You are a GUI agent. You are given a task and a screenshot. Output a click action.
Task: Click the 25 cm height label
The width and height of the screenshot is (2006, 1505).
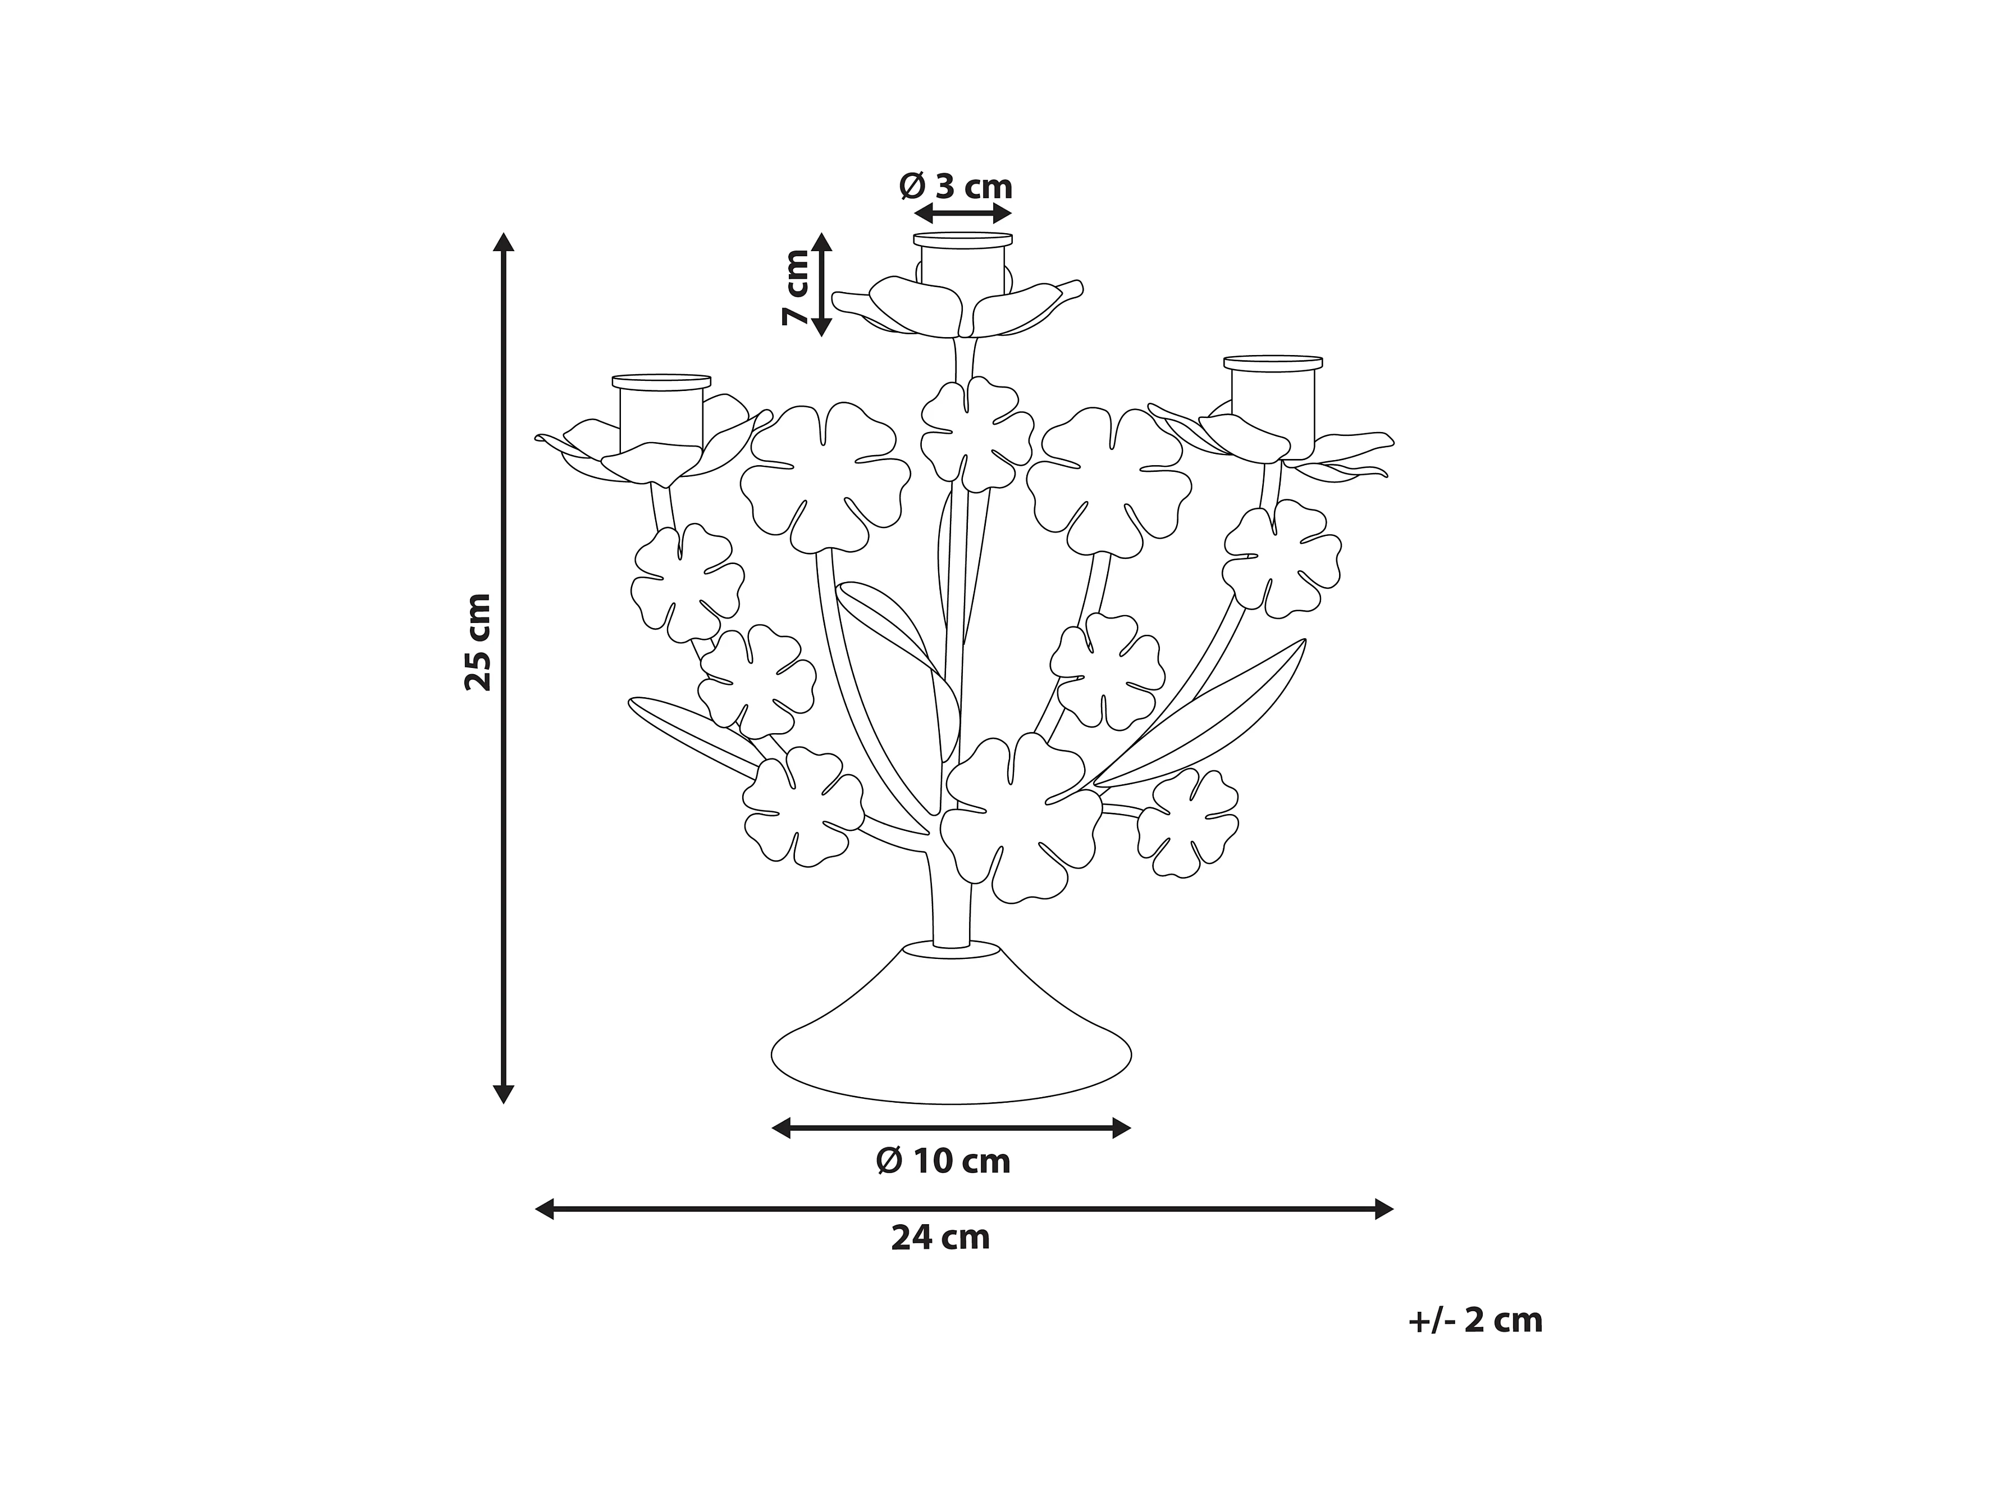[x=478, y=642]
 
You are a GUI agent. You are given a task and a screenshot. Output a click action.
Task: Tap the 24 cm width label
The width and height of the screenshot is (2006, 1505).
[x=940, y=1238]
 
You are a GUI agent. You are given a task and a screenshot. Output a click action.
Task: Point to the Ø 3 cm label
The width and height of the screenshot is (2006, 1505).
[x=956, y=187]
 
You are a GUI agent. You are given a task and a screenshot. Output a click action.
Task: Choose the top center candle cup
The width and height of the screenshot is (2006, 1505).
[x=962, y=263]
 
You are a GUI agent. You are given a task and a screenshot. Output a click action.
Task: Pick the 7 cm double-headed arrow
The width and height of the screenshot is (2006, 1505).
[x=821, y=284]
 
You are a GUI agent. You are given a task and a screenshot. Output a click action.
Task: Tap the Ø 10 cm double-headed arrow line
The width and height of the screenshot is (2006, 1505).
[x=951, y=1129]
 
